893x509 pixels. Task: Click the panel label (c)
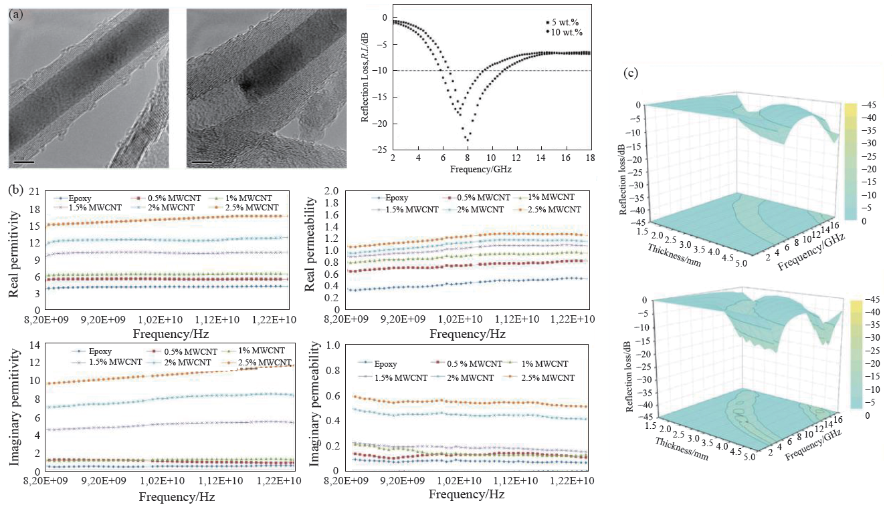(x=630, y=73)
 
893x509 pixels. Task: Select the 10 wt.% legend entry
(x=561, y=31)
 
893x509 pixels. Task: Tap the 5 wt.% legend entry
(x=560, y=22)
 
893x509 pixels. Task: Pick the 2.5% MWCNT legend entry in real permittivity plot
(x=246, y=208)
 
